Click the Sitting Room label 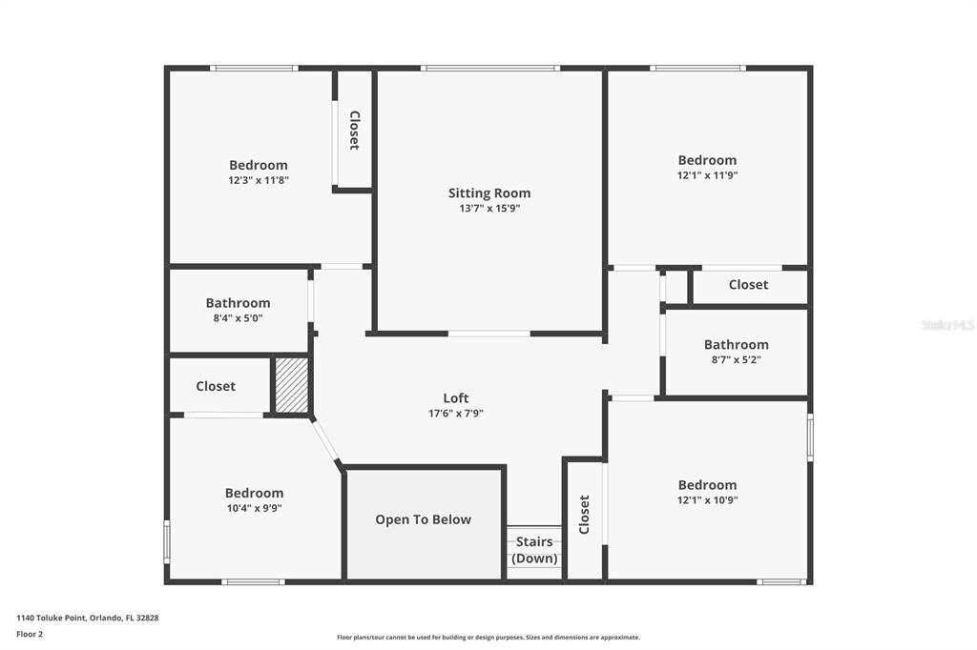(x=489, y=193)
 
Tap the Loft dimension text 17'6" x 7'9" (x=456, y=413)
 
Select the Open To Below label (x=423, y=519)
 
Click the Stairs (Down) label (x=534, y=550)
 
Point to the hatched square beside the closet (x=292, y=385)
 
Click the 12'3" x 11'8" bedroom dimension (x=259, y=180)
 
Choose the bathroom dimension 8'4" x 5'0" (x=238, y=318)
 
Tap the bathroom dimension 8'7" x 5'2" (x=737, y=359)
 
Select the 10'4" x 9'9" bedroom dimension (x=254, y=508)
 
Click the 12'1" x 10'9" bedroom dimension (x=707, y=500)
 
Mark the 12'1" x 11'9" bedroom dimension (x=707, y=175)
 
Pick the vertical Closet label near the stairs (x=584, y=515)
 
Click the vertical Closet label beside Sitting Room (x=355, y=131)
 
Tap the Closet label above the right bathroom (x=748, y=285)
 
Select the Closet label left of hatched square (x=216, y=386)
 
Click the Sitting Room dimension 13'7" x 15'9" (x=489, y=209)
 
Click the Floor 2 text (x=30, y=635)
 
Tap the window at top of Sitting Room (x=490, y=68)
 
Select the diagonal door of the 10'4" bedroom (x=325, y=439)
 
